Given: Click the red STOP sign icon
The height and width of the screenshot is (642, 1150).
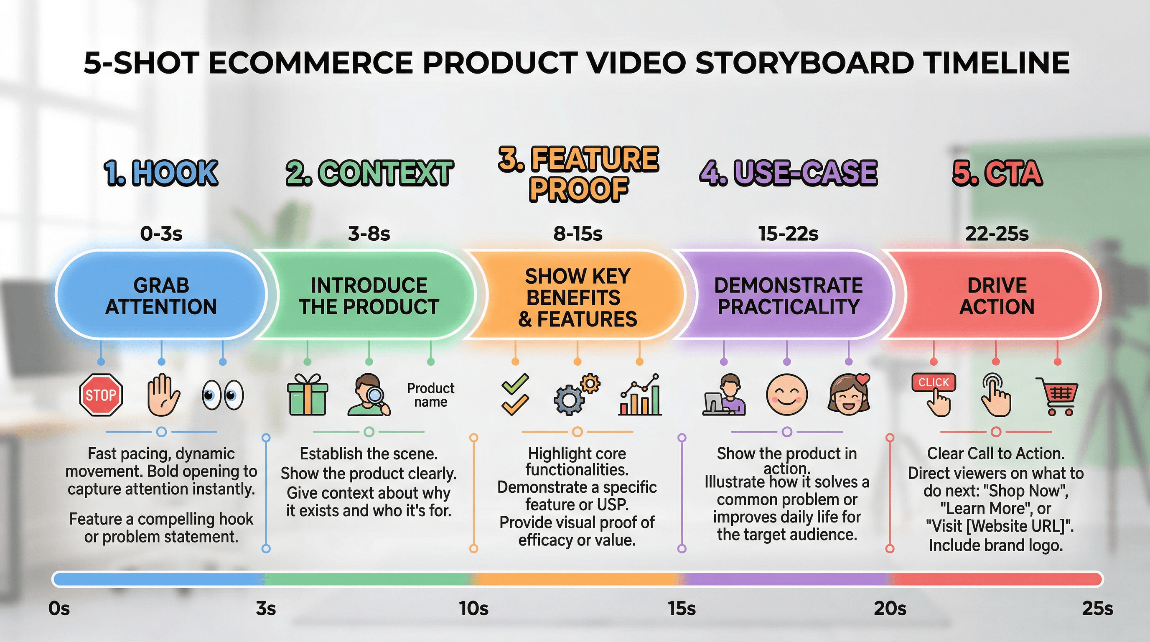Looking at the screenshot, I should pyautogui.click(x=101, y=395).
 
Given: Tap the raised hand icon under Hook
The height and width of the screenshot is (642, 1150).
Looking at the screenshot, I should pyautogui.click(x=163, y=395).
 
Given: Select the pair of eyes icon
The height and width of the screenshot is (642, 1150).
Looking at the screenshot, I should pyautogui.click(x=223, y=395).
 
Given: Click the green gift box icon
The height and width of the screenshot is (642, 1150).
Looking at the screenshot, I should pyautogui.click(x=307, y=395).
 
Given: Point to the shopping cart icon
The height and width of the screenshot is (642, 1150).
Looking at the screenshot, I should pyautogui.click(x=1057, y=396).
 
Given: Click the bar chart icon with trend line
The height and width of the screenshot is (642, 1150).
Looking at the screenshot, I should pyautogui.click(x=639, y=395).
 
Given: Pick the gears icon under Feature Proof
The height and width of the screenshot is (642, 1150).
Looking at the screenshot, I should pyautogui.click(x=577, y=395).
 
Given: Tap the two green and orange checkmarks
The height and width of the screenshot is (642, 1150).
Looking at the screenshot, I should pyautogui.click(x=515, y=395).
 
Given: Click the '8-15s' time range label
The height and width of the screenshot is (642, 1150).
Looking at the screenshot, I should pyautogui.click(x=578, y=234).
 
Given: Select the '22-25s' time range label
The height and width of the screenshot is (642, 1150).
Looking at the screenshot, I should pyautogui.click(x=996, y=234).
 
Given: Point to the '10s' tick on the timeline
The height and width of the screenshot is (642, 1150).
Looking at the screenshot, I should pyautogui.click(x=473, y=609).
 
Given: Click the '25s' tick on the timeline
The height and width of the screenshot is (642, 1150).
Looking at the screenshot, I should pyautogui.click(x=1097, y=609).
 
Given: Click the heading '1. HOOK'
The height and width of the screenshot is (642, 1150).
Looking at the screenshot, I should pyautogui.click(x=161, y=173).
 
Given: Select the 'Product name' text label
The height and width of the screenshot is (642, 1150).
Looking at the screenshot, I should pyautogui.click(x=430, y=395).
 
